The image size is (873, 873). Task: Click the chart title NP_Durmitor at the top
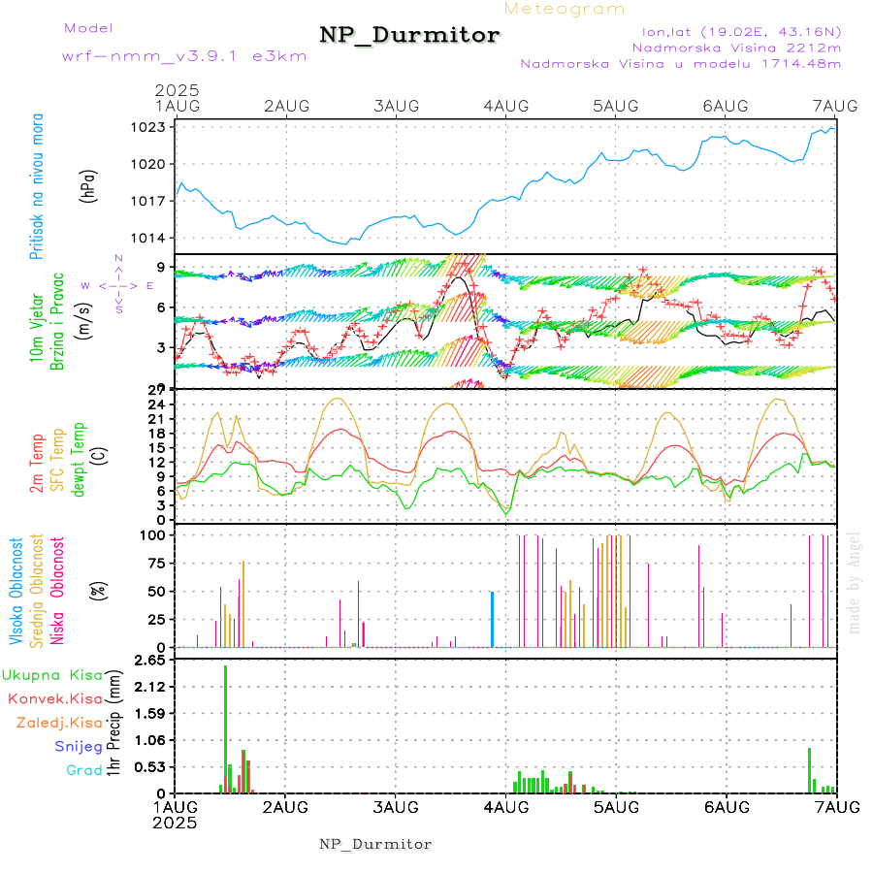point(409,36)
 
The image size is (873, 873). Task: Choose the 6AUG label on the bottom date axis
point(726,807)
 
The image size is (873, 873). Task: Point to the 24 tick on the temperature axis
point(155,404)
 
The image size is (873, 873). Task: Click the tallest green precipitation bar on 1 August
point(225,727)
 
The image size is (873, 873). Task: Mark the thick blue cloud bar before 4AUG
point(492,619)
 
